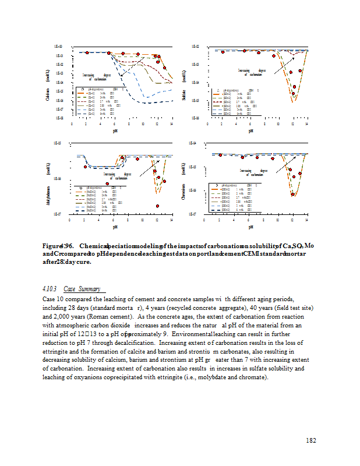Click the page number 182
[x=311, y=440]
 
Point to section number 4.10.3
[x=50, y=289]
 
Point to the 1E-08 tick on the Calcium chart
[x=59, y=118]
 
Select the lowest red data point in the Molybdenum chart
[x=157, y=206]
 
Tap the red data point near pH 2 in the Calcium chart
[x=87, y=53]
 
